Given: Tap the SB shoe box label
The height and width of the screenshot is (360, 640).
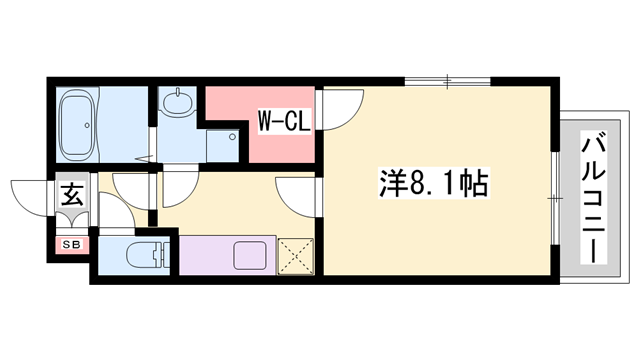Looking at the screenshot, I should point(73,243).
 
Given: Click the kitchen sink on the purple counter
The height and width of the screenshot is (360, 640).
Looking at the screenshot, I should point(250,255).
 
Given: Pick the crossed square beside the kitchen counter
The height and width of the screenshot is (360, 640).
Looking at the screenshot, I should point(295,254).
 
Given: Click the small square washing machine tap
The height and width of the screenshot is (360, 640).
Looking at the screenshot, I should point(233,137).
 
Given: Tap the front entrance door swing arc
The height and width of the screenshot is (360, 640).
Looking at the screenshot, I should point(27,192).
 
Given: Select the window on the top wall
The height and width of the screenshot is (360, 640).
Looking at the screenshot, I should point(447,80).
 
